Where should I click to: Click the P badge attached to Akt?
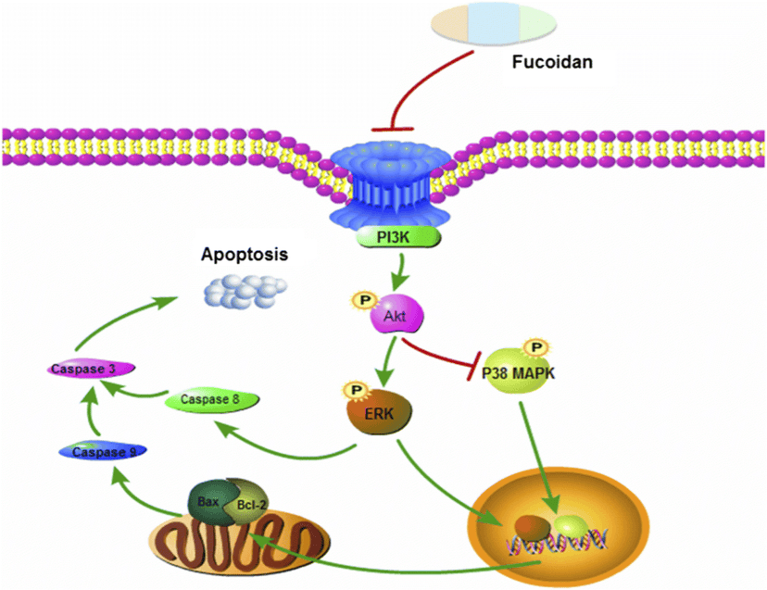[362, 301]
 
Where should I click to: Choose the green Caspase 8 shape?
[211, 400]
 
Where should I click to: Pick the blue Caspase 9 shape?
[99, 452]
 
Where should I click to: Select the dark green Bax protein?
[208, 500]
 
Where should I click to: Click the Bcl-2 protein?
[244, 508]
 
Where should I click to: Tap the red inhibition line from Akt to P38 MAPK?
[443, 357]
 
